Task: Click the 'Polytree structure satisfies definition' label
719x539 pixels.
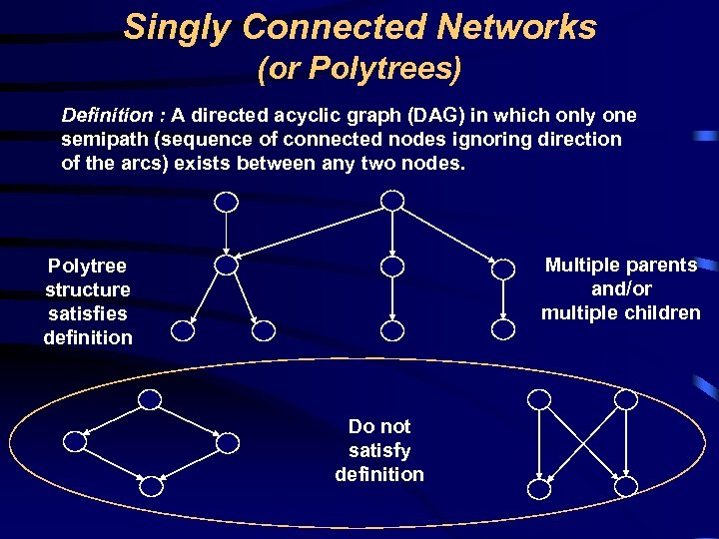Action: click(x=88, y=301)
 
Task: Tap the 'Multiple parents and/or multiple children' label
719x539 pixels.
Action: click(x=621, y=288)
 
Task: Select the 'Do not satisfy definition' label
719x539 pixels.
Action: click(x=379, y=450)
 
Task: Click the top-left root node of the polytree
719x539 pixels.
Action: click(x=227, y=202)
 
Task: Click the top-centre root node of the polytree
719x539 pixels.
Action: click(x=393, y=201)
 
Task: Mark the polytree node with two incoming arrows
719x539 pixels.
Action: click(x=227, y=266)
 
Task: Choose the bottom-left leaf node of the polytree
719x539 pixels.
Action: click(x=183, y=329)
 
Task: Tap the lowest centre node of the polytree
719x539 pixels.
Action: click(x=393, y=329)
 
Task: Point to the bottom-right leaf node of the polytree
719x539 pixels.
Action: click(x=502, y=329)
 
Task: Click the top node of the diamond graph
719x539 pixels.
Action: click(x=150, y=399)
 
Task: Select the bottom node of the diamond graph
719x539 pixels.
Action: click(x=150, y=486)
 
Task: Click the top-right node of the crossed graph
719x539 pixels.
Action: click(x=626, y=399)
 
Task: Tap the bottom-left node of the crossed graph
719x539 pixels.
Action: click(x=539, y=486)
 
